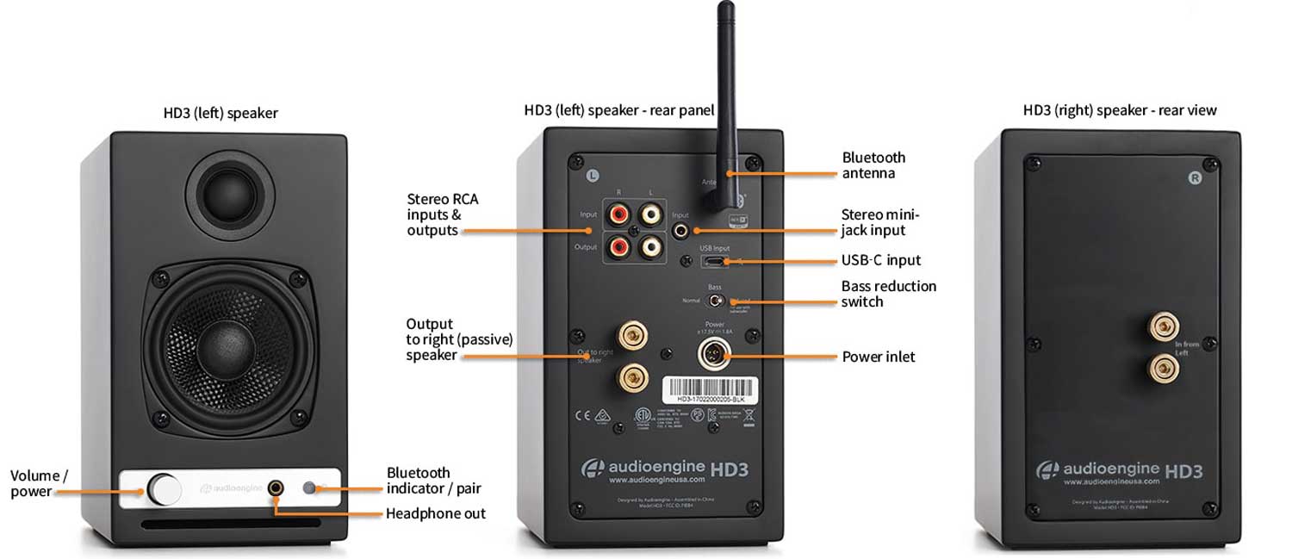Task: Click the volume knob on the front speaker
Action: (165, 488)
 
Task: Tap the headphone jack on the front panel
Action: (276, 488)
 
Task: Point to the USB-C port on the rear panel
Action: (714, 261)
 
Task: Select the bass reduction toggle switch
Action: (714, 301)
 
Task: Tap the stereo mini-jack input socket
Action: (682, 230)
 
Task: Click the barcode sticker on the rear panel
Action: (709, 390)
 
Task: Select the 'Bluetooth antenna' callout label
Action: (873, 165)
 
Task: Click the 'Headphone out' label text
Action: (435, 514)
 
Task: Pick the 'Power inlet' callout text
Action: (879, 357)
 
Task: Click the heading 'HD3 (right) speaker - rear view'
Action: (1120, 110)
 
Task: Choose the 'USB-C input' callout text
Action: (881, 260)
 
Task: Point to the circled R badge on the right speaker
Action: (1195, 178)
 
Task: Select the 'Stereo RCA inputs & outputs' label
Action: (442, 214)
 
